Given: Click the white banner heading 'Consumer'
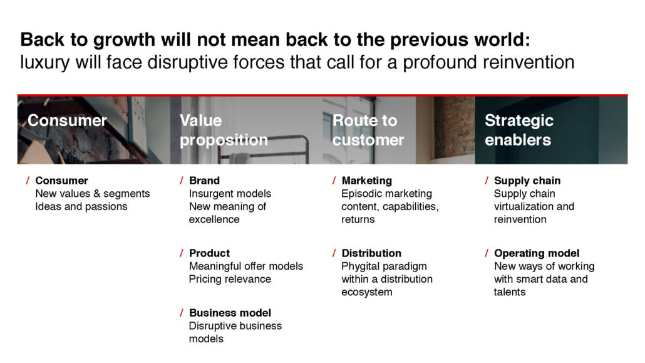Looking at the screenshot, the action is [67, 121].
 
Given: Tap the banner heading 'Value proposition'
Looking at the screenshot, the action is [224, 130].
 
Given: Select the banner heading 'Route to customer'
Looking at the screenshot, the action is [368, 130].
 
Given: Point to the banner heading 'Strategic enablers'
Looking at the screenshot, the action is [519, 130].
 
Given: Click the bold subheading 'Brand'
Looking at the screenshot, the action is [204, 181].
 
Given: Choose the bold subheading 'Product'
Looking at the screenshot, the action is [209, 253].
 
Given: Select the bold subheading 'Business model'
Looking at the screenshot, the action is [230, 313].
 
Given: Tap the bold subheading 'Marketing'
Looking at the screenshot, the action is [366, 181].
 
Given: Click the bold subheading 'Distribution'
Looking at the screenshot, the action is [371, 253].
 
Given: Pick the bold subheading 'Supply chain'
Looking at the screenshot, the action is [527, 181].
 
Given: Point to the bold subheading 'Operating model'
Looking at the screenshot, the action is [537, 253].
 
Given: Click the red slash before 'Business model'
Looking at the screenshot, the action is [182, 313].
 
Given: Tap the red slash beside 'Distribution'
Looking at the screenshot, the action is [334, 253].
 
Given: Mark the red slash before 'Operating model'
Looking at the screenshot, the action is [487, 253].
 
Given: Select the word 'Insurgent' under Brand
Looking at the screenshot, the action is [209, 194].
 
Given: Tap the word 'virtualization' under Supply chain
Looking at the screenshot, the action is [520, 206].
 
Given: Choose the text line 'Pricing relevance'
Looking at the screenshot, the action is [230, 279].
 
